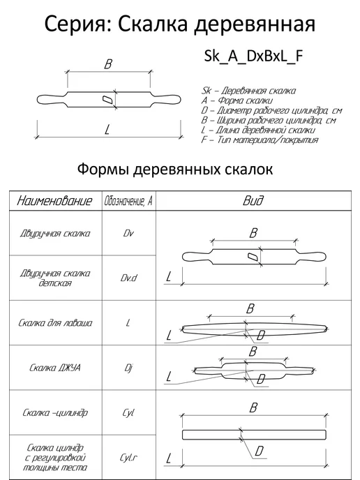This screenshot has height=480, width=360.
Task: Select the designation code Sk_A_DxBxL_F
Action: [253, 57]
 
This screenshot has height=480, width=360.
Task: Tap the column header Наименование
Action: [54, 201]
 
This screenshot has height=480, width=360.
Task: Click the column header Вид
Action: [253, 201]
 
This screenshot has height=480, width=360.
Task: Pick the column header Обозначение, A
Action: [128, 202]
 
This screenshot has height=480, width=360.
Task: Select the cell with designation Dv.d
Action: [128, 278]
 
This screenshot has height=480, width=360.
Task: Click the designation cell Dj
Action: [128, 368]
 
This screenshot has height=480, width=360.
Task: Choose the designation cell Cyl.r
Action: [128, 458]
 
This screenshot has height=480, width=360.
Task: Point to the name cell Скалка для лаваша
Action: [55, 323]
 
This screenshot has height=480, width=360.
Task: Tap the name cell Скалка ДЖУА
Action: [55, 368]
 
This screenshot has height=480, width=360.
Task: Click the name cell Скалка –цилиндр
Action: [55, 412]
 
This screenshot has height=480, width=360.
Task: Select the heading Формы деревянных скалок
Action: [175, 170]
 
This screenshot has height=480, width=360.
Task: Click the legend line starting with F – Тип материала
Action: [260, 140]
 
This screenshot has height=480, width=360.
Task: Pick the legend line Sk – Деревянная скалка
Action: [248, 91]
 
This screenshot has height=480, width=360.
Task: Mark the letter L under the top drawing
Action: [107, 130]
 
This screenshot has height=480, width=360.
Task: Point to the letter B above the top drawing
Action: [108, 64]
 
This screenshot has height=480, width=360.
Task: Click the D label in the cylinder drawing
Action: [259, 451]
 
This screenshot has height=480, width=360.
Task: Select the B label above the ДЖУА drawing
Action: [253, 352]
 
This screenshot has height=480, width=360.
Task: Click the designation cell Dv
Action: [128, 233]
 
